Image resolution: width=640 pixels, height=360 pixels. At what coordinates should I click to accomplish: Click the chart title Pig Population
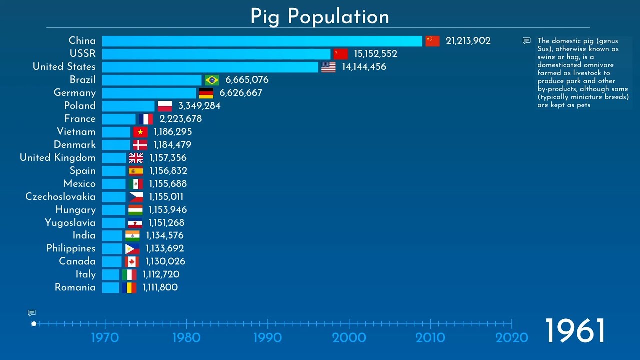tap(320, 16)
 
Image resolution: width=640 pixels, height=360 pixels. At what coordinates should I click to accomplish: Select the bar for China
tap(262, 41)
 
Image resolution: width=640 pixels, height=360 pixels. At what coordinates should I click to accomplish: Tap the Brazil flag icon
tap(212, 80)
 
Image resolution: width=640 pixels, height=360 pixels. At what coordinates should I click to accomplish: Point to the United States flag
tap(328, 67)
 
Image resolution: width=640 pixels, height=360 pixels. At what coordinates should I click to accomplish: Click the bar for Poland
tap(128, 106)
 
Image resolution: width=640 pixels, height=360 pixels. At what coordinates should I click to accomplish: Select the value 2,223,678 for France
tap(181, 119)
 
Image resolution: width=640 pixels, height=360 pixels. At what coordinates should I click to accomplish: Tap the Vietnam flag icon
tap(140, 132)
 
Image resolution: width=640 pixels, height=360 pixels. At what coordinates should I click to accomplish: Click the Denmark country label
tap(75, 145)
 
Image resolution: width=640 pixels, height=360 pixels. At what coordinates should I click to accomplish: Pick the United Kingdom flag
tap(136, 158)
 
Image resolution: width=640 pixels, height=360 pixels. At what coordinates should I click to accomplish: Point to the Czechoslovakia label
tap(60, 197)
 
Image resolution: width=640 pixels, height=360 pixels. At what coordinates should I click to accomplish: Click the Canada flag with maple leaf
tap(132, 262)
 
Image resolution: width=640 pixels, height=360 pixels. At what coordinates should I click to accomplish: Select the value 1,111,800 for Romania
tap(160, 288)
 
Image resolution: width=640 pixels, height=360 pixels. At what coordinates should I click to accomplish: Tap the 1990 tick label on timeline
tap(267, 338)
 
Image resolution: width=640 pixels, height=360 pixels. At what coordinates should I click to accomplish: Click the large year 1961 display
tap(575, 331)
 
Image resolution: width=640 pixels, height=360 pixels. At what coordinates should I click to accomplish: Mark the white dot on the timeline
tap(34, 324)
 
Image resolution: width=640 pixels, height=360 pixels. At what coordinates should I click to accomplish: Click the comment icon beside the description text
tap(526, 41)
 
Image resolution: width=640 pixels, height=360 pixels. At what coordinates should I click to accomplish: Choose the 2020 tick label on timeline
tap(511, 338)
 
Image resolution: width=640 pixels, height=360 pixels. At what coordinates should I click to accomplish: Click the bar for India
tap(112, 236)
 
